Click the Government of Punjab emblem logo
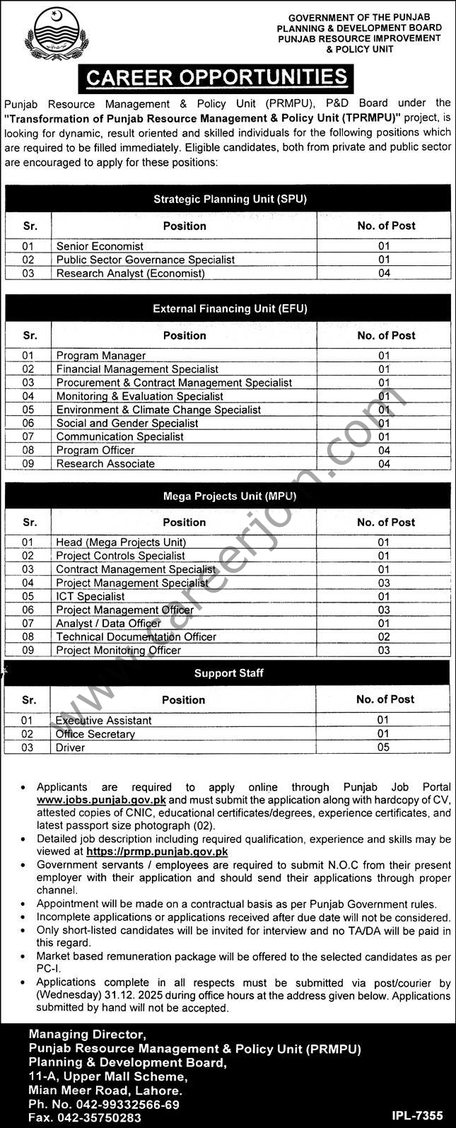coord(56,35)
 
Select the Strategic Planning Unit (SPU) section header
coord(230,199)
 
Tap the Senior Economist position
coord(100,246)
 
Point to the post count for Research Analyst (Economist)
coord(384,273)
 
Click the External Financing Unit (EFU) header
coord(230,308)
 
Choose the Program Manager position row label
coord(101,356)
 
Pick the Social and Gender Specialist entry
coord(127,423)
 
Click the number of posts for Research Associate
coord(384,464)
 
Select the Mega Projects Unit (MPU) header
coord(230,496)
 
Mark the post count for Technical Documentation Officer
coord(384,636)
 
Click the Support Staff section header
coord(229,673)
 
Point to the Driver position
coord(70,748)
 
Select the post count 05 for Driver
coord(382,748)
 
